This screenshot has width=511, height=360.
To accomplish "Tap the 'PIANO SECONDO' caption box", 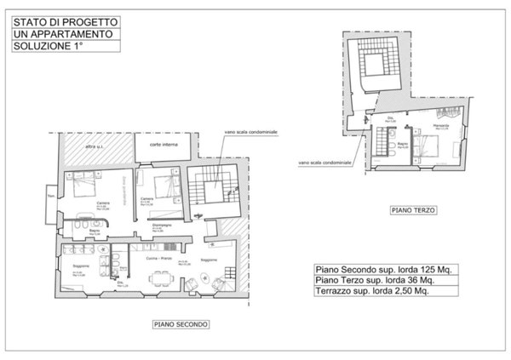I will click(x=181, y=324).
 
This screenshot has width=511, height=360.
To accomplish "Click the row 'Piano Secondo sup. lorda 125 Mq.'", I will click(x=383, y=268).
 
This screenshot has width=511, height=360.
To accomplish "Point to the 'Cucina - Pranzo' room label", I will click(x=158, y=257).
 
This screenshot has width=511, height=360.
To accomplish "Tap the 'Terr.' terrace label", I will click(x=51, y=198).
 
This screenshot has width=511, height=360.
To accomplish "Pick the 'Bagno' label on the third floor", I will click(x=401, y=146).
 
